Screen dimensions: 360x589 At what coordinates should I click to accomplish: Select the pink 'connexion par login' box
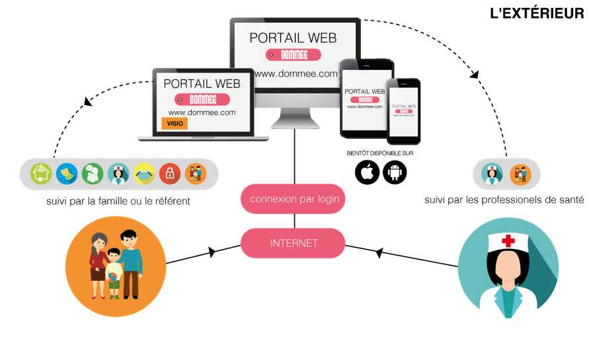point(293,199)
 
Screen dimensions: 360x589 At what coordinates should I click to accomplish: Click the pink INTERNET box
point(293,243)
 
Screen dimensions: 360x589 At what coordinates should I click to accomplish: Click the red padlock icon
point(170,174)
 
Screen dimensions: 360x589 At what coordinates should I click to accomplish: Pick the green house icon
point(42,174)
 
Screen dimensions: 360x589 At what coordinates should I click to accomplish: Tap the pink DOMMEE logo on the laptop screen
point(203,100)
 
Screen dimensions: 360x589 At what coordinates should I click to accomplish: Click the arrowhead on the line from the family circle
point(212,252)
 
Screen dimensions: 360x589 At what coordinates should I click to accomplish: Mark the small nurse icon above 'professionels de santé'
point(492,174)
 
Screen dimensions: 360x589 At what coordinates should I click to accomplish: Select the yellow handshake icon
point(144,174)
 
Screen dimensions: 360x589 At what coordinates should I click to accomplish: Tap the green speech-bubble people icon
point(93,174)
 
